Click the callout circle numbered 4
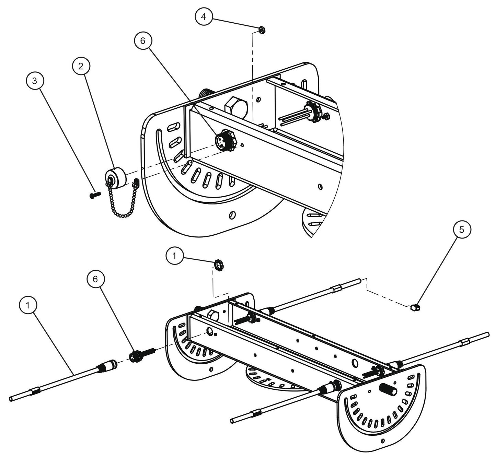click(x=204, y=17)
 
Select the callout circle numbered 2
click(x=81, y=66)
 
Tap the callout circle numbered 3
click(x=35, y=81)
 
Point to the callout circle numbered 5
click(x=462, y=229)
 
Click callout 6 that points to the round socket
click(x=142, y=41)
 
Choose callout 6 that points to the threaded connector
click(x=95, y=279)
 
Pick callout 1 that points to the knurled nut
click(x=174, y=256)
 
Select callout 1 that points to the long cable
click(x=28, y=305)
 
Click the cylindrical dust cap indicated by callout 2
click(x=116, y=177)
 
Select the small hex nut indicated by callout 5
click(x=415, y=307)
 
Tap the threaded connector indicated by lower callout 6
click(x=142, y=354)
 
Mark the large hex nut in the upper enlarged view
click(x=236, y=107)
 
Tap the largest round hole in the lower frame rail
click(x=355, y=362)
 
